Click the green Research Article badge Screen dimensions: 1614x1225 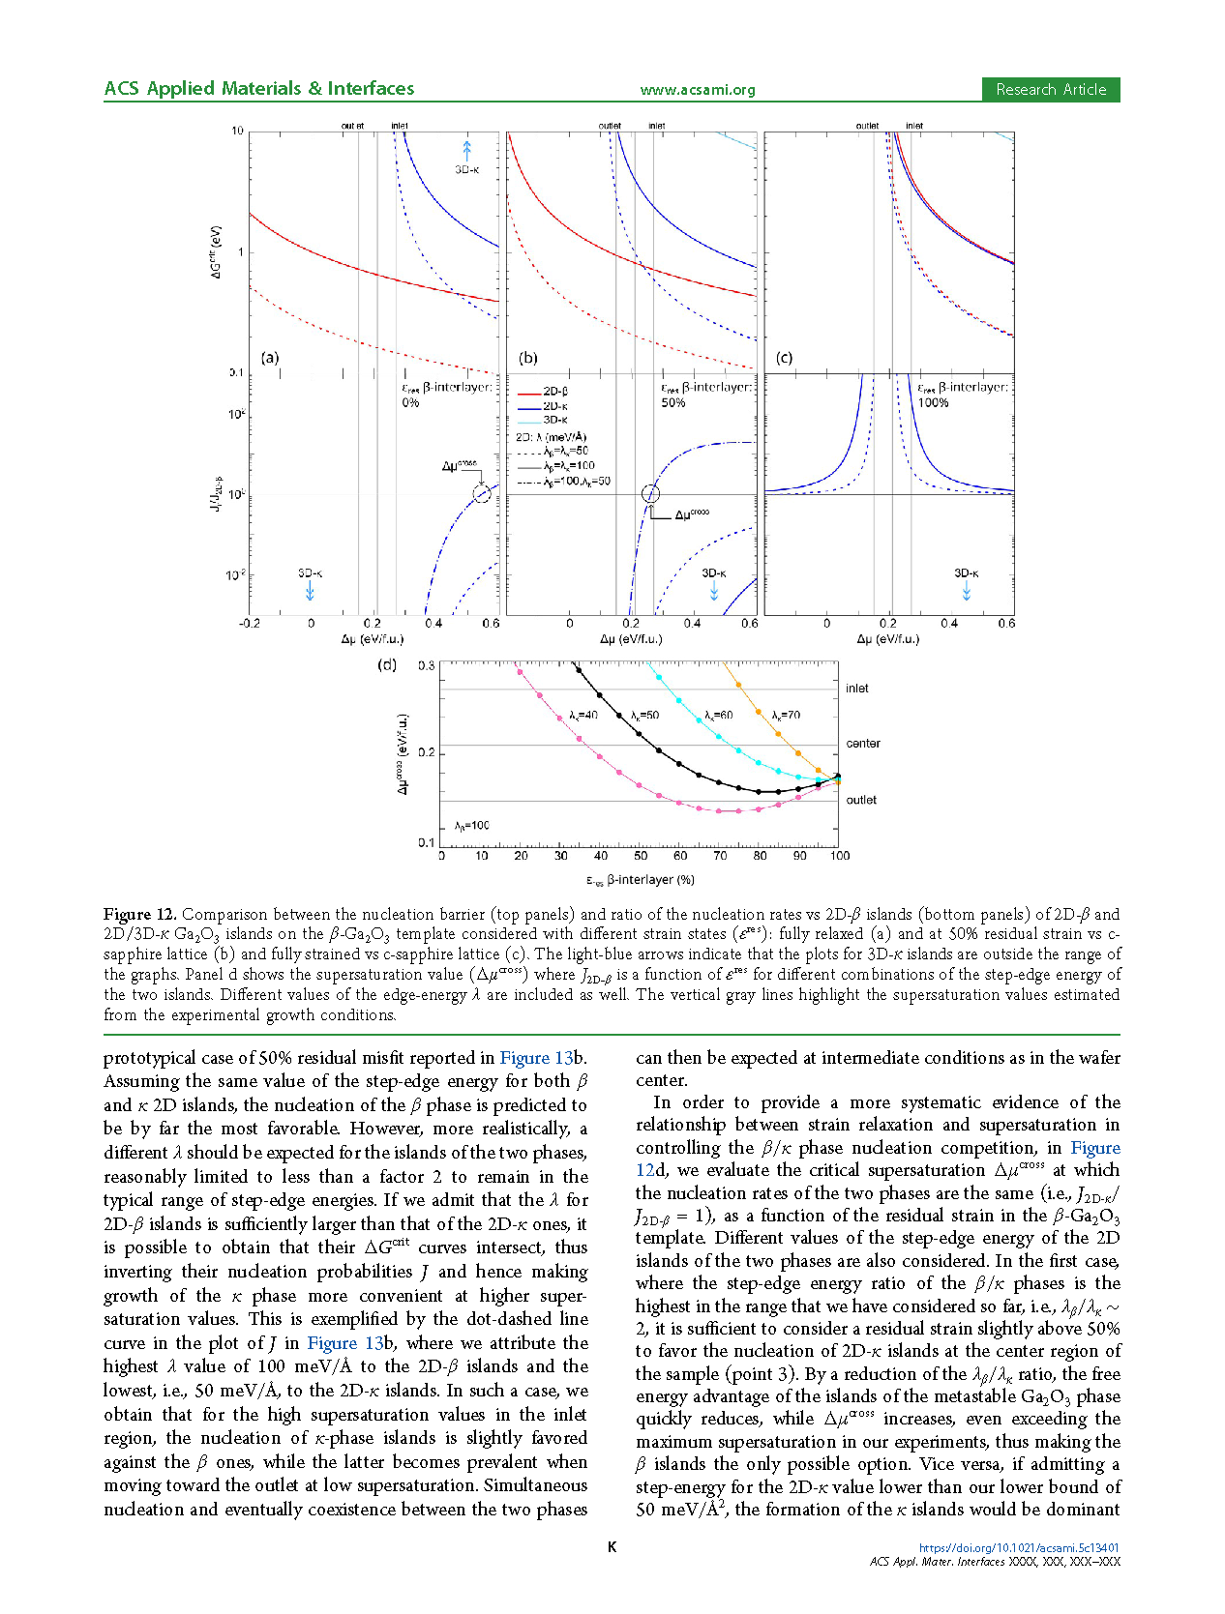[x=1050, y=90]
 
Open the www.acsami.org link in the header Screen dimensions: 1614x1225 [x=697, y=90]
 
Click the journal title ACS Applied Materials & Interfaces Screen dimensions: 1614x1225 [x=259, y=89]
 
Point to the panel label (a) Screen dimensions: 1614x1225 [x=270, y=358]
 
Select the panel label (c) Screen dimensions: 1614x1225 [x=784, y=358]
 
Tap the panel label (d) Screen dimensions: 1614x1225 [x=387, y=665]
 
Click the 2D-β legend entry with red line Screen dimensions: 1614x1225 [x=544, y=392]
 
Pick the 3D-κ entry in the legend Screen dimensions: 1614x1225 [x=544, y=420]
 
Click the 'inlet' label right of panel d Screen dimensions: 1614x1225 [x=856, y=689]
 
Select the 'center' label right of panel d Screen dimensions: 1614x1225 [x=862, y=744]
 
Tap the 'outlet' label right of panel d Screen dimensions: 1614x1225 [x=861, y=800]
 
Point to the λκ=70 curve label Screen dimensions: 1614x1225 [x=786, y=716]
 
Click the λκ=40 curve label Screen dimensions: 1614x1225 [x=583, y=716]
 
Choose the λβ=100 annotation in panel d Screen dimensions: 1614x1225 [x=472, y=826]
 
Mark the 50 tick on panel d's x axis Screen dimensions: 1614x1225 [x=641, y=856]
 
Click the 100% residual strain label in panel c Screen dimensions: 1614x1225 [x=933, y=403]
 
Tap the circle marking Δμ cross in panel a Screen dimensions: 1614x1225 [x=482, y=494]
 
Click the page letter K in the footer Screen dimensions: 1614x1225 [x=612, y=1547]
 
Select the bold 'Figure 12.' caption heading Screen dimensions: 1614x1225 [x=140, y=914]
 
